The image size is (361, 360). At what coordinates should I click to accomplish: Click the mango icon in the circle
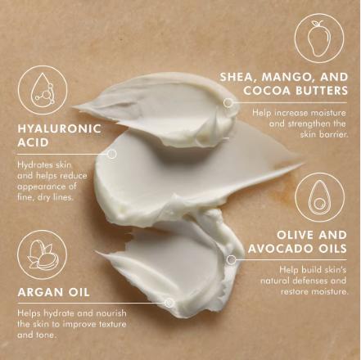coord(319,38)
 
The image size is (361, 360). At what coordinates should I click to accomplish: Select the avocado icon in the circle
coord(319,198)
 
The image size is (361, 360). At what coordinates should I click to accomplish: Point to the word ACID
coord(34,142)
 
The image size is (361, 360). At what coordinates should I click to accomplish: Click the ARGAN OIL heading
coord(54,291)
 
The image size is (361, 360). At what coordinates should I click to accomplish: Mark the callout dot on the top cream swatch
coord(228,104)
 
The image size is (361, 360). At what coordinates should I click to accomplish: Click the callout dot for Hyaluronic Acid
coord(112,153)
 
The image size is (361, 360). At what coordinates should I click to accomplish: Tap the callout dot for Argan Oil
coord(169,303)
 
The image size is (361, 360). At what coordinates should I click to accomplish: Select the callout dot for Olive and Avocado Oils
coord(232,260)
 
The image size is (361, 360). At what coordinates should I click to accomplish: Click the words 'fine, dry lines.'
coord(45,197)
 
